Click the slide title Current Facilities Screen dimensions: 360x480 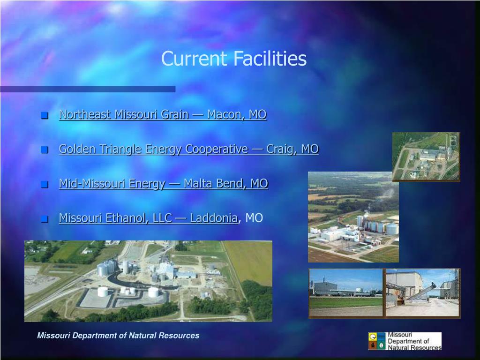pos(234,59)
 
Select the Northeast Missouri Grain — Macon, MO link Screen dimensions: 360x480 pos(163,114)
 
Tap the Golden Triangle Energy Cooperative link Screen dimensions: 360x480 pos(188,149)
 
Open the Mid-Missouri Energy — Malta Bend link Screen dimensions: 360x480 pos(163,183)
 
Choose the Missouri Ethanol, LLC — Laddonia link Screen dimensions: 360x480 pos(148,218)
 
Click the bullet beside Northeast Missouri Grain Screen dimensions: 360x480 pos(45,116)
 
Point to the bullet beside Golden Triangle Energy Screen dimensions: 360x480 pos(45,150)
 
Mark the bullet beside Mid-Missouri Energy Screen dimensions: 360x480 pos(45,185)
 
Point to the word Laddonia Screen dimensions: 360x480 pos(214,218)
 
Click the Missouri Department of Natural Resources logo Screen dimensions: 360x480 pos(405,341)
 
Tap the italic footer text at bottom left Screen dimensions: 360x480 pos(118,336)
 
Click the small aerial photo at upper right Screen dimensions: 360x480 pos(426,157)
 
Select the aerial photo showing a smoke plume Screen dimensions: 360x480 pos(353,217)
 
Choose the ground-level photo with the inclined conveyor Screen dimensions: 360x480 pos(422,293)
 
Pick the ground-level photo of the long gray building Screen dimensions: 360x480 pos(346,293)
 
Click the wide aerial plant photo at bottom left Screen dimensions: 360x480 pos(148,281)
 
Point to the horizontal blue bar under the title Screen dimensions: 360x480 pos(88,89)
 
